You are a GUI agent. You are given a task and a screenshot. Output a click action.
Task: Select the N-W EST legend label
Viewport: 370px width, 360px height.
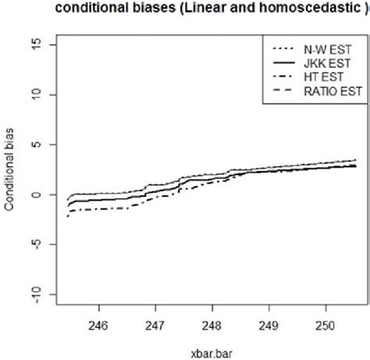pyautogui.click(x=328, y=47)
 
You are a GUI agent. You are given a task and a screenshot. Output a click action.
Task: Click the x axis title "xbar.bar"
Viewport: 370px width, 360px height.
pyautogui.click(x=211, y=348)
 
